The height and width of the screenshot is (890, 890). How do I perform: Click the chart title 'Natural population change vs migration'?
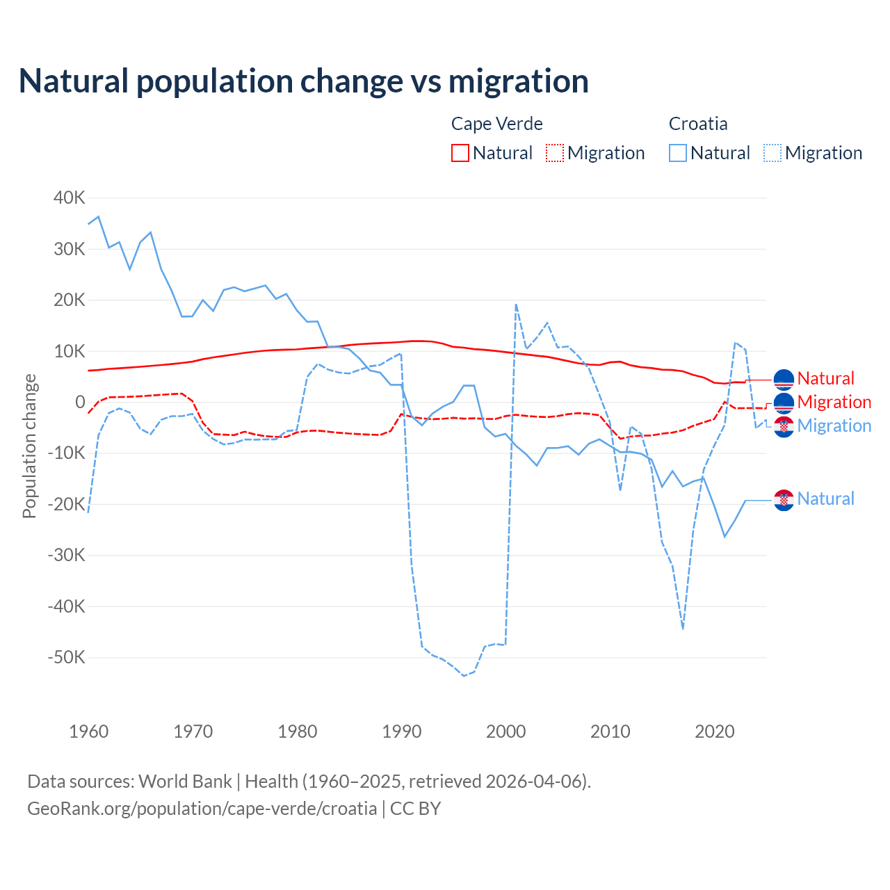tap(304, 81)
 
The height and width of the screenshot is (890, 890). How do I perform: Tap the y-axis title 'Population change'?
tap(29, 446)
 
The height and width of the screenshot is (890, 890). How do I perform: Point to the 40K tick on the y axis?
tap(69, 197)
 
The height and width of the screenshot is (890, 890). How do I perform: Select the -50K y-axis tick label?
tap(66, 657)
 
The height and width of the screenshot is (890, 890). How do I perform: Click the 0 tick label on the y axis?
tap(80, 402)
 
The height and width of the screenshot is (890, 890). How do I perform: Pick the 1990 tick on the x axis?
tap(402, 731)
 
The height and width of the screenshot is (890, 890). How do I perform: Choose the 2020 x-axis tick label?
tap(715, 731)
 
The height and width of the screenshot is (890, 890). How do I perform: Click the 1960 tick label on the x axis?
tap(89, 731)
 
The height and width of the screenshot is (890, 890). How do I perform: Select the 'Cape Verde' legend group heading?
tap(496, 124)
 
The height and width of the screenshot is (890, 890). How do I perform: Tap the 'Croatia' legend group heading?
tap(698, 124)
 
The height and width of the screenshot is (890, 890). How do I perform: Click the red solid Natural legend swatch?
tap(460, 153)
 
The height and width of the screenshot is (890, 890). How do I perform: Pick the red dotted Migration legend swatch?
tap(555, 153)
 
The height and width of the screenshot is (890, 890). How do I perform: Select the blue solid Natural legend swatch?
tap(678, 153)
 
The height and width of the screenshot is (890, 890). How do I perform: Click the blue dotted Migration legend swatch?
tap(772, 153)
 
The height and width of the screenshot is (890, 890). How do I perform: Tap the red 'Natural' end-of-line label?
tap(825, 379)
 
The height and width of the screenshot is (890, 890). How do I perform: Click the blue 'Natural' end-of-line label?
tap(825, 499)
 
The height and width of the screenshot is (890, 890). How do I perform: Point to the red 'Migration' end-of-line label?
tap(834, 403)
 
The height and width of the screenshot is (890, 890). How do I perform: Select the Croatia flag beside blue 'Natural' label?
tap(784, 500)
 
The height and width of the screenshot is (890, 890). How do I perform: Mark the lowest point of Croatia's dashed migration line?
tap(464, 676)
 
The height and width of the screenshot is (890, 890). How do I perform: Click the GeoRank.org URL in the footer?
tap(202, 809)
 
